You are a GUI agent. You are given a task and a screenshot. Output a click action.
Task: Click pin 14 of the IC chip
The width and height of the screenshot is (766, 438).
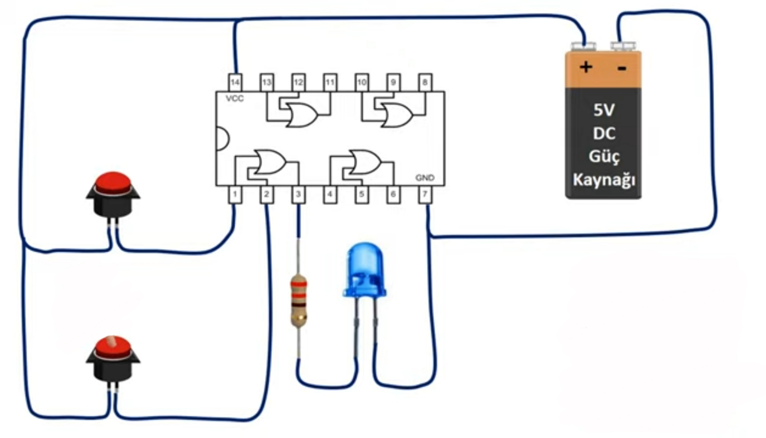(235, 82)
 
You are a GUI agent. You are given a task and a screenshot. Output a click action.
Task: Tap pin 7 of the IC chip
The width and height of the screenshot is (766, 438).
(425, 194)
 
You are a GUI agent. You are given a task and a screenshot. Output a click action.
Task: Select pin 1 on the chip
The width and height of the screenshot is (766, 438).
(235, 194)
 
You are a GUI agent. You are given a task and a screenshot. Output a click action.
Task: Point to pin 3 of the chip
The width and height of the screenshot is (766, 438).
(298, 194)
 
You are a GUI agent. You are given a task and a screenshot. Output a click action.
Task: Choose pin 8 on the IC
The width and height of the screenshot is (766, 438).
(425, 82)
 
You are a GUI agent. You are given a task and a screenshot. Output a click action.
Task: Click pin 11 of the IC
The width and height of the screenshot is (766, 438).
(330, 82)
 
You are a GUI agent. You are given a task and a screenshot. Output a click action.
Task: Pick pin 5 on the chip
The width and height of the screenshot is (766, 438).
(361, 194)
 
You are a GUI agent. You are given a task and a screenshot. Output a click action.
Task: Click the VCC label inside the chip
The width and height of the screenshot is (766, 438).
(235, 98)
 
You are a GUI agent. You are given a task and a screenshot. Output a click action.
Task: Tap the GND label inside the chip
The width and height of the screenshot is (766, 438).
(424, 178)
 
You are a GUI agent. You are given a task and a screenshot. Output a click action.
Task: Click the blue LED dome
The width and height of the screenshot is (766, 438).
(364, 270)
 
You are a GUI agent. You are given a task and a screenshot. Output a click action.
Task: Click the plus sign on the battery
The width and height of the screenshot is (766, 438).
(586, 67)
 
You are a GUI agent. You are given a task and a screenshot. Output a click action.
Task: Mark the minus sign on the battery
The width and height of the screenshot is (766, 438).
(622, 69)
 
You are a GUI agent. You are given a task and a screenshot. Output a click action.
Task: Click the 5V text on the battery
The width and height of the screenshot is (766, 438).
(604, 110)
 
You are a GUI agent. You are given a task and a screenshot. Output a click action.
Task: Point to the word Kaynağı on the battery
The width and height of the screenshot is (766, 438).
(604, 180)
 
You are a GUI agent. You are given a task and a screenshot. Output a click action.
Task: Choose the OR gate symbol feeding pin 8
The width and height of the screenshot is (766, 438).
(397, 115)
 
